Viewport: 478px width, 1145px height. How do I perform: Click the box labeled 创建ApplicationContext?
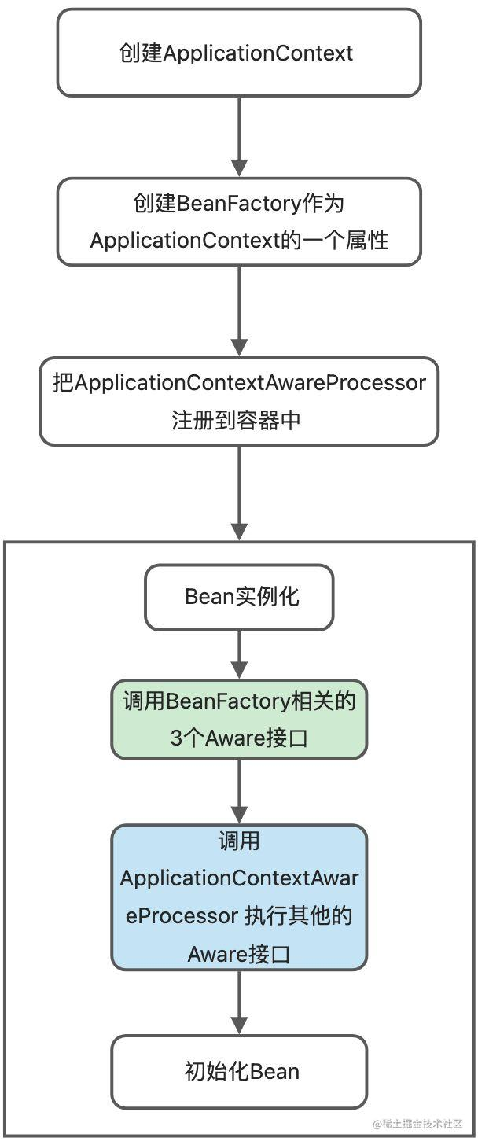click(239, 53)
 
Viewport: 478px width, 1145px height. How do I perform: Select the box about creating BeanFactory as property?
click(239, 221)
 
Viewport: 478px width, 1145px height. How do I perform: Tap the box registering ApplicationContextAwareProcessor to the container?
click(239, 401)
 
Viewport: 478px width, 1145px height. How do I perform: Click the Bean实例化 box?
click(239, 596)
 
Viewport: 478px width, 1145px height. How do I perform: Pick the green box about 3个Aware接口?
click(239, 719)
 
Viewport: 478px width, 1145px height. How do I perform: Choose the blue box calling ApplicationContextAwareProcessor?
click(239, 896)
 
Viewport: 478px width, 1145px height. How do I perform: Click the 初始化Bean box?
click(239, 1071)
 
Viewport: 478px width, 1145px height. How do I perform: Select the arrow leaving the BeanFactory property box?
click(239, 311)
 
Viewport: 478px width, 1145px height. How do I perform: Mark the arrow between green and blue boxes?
click(239, 791)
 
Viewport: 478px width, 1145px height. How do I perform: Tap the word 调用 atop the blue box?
click(239, 841)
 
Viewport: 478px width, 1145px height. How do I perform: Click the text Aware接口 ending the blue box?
click(239, 954)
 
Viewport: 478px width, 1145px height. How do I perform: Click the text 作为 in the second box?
click(324, 203)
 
